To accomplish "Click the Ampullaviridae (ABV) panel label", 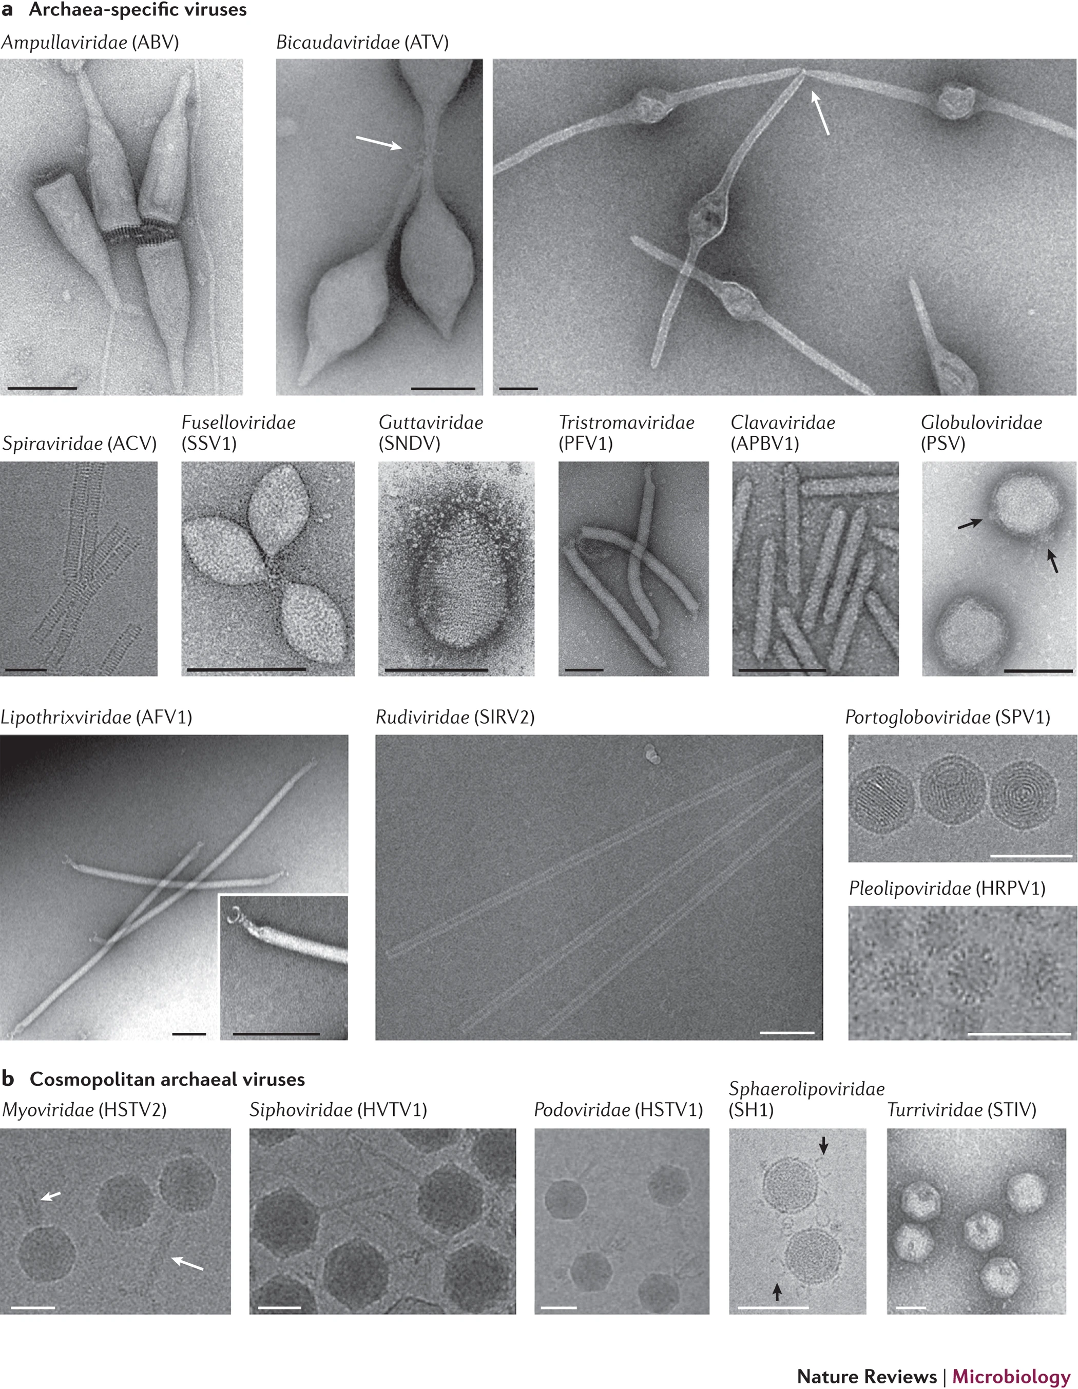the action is tap(90, 43).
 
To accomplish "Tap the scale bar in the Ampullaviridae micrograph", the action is tap(42, 388).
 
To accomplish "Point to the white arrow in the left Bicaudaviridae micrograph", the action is tap(378, 143).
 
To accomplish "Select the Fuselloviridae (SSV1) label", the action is tap(239, 433).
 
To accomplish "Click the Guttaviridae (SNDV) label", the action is tap(431, 433).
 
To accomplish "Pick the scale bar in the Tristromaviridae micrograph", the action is tap(584, 670).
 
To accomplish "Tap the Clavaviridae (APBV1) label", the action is tap(782, 433).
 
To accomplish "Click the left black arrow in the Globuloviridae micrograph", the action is tap(969, 523).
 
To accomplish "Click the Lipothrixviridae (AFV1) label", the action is tap(96, 718).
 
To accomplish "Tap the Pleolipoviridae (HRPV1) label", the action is tap(947, 888).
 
